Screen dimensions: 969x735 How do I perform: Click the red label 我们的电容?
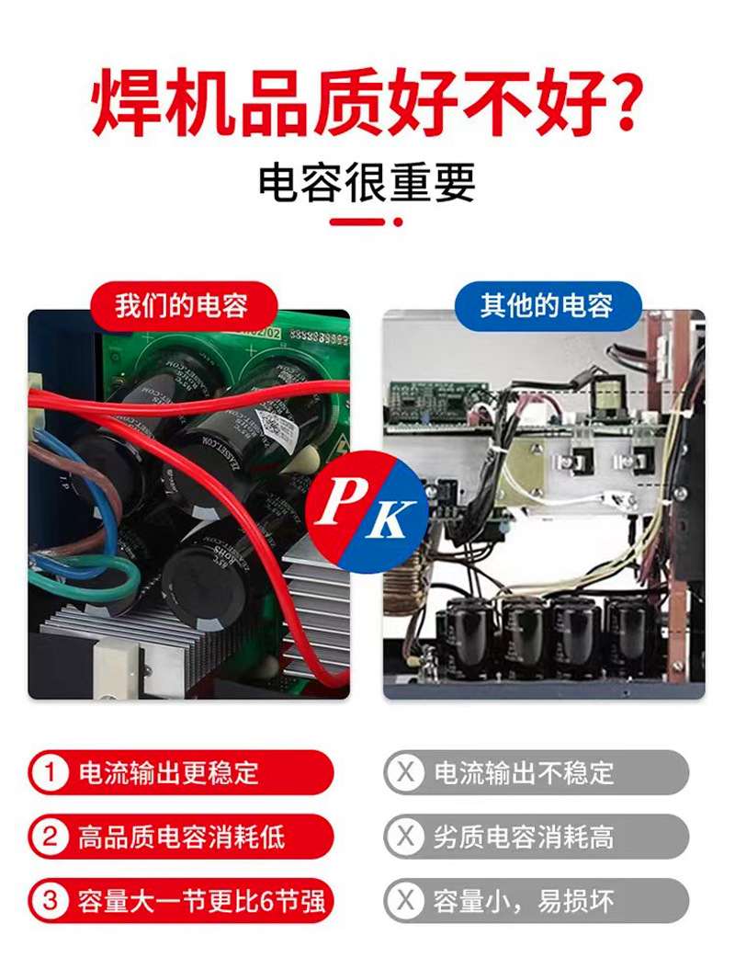coord(181,305)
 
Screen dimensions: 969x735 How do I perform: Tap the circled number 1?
coord(50,772)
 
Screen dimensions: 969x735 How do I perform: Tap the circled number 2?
coord(50,837)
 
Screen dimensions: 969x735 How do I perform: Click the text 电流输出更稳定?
coord(169,772)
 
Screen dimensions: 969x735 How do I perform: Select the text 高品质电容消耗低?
coord(181,837)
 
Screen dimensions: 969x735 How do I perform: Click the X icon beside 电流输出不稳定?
coord(405,772)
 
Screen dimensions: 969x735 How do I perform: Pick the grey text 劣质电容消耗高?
coord(524,837)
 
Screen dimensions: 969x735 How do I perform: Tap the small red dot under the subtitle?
coord(398,222)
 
